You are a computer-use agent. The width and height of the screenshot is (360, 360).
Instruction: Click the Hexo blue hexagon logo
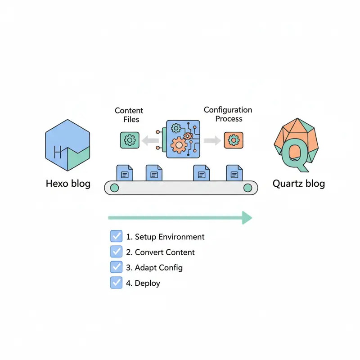[x=67, y=145]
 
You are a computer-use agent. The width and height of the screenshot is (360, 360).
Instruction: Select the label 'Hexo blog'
[x=68, y=184]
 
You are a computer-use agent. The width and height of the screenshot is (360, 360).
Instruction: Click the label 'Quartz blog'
[x=298, y=184]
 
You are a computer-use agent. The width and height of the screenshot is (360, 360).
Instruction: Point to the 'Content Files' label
[x=129, y=115]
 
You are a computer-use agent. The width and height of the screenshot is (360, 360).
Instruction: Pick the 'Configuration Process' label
[x=228, y=114]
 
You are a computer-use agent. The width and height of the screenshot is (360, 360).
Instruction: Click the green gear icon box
[x=130, y=140]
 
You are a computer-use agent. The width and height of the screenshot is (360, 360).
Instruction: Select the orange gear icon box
[x=234, y=140]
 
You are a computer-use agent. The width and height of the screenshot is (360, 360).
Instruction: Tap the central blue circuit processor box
[x=182, y=139]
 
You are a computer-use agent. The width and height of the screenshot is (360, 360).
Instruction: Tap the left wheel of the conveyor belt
[x=114, y=188]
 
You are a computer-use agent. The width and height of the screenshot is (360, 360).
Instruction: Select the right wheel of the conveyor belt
[x=248, y=188]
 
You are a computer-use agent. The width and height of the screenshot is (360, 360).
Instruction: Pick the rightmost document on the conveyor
[x=234, y=172]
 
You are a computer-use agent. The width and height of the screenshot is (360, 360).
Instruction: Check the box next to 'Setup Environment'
[x=116, y=236]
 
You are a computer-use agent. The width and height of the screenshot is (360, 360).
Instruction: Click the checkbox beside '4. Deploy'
[x=116, y=283]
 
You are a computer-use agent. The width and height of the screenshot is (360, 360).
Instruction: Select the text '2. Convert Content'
[x=160, y=252]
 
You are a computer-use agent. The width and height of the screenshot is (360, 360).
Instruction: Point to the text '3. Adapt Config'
[x=154, y=267]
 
